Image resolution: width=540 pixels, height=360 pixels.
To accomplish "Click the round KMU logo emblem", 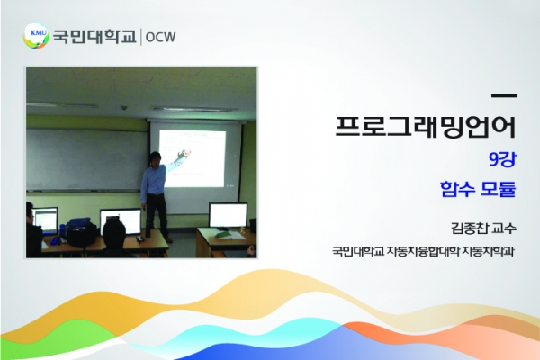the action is (37, 35).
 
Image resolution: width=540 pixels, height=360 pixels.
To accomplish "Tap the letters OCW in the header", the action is (160, 37).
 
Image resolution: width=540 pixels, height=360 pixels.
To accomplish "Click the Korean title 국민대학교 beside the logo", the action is (94, 36).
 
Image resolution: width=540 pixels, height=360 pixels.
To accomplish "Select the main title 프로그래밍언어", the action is (426, 127).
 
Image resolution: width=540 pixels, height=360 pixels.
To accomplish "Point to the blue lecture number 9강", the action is (503, 160).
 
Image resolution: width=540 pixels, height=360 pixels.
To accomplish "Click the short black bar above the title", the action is (504, 96).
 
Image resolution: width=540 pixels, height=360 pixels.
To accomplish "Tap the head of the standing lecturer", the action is (156, 158).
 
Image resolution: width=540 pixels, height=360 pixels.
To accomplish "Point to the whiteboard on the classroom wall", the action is (87, 159).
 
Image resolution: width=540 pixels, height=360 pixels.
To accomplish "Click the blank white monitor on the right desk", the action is (228, 215).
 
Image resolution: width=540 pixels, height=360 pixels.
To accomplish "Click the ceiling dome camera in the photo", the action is (124, 108).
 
